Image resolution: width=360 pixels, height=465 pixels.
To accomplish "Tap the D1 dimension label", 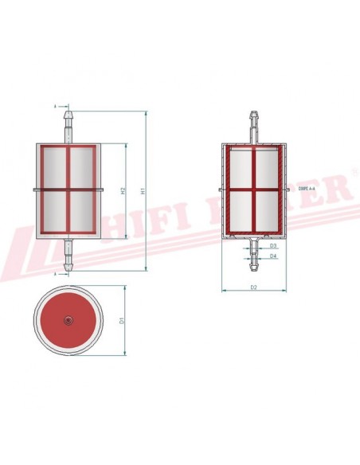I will pos(122,320).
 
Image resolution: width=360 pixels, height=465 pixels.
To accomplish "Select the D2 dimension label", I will pos(253,286).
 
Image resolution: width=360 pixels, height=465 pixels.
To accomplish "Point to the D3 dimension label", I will pos(273,246).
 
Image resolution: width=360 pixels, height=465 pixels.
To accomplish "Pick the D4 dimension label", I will pos(273,256).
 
